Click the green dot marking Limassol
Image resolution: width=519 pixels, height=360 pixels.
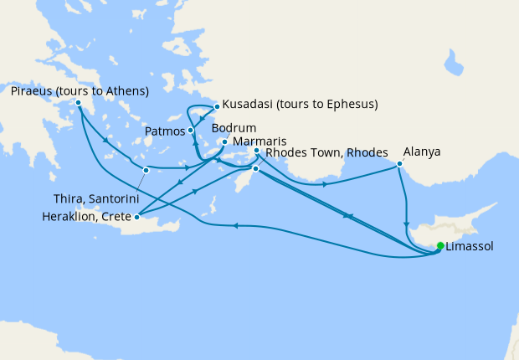point(440,246)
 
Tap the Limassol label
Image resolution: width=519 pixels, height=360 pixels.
point(470,247)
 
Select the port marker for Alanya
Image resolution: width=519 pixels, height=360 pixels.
point(399,163)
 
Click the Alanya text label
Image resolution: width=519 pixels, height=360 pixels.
point(422,153)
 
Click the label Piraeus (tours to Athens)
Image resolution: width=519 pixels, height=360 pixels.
point(80,90)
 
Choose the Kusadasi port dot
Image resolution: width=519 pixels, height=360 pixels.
point(217,106)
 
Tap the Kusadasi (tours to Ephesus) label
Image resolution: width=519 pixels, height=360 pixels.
point(301,105)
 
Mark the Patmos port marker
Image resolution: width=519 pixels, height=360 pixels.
point(191,130)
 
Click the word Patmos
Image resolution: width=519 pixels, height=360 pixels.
point(165,131)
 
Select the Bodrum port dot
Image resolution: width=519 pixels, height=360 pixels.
point(224,141)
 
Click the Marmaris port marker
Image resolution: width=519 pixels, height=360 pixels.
point(257,152)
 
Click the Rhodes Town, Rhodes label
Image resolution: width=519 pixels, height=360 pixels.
point(325,153)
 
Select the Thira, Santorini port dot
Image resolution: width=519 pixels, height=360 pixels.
point(146,170)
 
